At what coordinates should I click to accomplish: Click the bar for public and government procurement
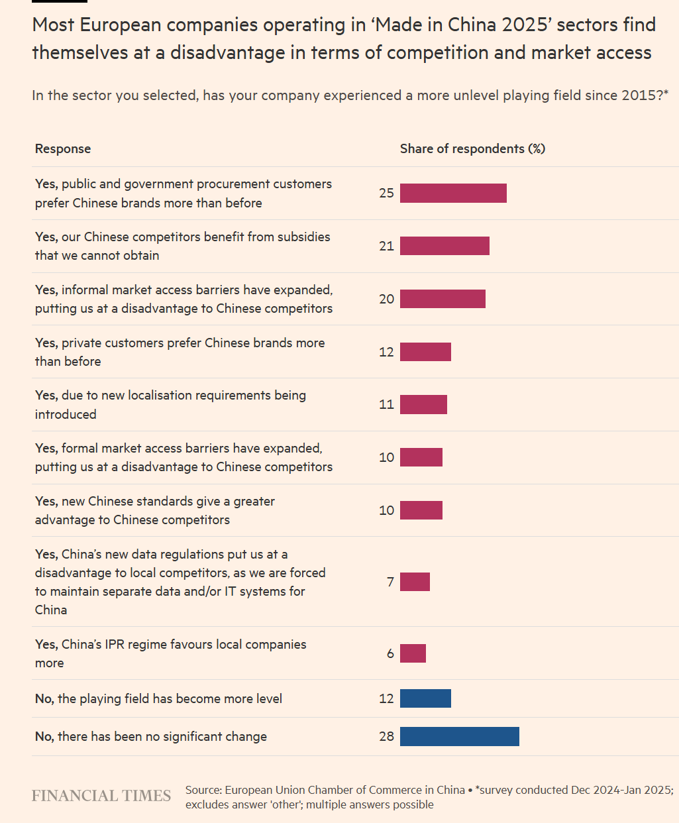453,193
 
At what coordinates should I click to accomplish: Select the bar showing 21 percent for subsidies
444,246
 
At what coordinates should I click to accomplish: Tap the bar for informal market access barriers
443,299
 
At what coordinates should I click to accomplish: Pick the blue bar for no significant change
459,736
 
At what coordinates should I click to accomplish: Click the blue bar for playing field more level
425,698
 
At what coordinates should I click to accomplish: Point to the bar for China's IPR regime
413,653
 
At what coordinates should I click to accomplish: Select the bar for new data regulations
415,582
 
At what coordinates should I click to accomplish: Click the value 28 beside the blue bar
386,736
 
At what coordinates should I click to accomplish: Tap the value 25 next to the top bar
386,193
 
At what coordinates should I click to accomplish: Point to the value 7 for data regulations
390,582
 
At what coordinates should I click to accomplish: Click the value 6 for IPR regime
390,653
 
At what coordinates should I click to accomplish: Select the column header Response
63,149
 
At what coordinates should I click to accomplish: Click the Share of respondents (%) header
472,149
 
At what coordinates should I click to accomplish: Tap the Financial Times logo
101,796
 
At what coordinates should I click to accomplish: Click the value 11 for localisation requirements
386,404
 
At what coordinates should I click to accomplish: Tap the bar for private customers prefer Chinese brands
425,352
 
